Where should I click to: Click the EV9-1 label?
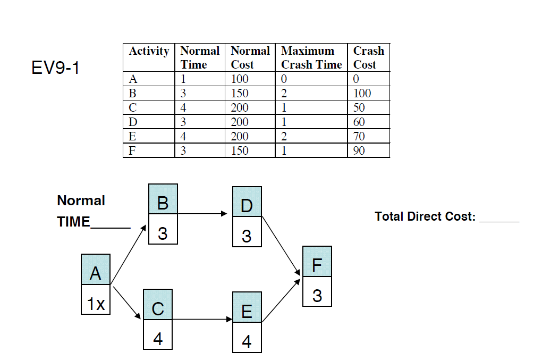[55, 68]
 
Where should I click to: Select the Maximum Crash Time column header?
[311, 57]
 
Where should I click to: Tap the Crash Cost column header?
[368, 57]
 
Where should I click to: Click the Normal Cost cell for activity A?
[250, 79]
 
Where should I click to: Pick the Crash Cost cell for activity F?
[368, 150]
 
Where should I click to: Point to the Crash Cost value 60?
[368, 122]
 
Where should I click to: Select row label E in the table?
[148, 136]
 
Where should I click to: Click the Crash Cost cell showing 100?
[368, 94]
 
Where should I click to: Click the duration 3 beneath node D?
[247, 235]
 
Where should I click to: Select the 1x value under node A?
[96, 304]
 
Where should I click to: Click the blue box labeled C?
[158, 308]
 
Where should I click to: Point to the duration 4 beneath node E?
[247, 341]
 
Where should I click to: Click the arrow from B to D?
[205, 214]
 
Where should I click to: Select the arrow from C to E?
[202, 320]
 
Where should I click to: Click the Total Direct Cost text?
[425, 216]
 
